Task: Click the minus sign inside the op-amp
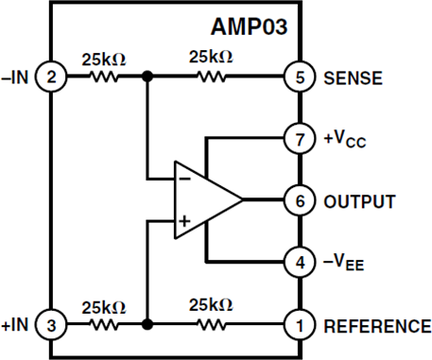coord(184,178)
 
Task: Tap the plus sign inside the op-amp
coord(184,223)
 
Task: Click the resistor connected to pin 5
coord(212,78)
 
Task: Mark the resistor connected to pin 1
coord(212,324)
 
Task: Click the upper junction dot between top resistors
coord(147,78)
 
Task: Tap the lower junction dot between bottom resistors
coord(147,324)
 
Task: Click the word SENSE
coord(354,78)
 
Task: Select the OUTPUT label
coord(359,200)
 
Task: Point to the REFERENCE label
coord(376,326)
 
